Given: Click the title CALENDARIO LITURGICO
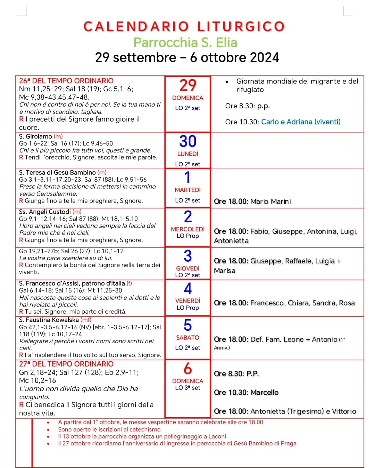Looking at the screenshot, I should click(x=184, y=27).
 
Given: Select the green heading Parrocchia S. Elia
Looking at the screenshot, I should click(x=185, y=42).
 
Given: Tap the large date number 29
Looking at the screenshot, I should click(x=187, y=85).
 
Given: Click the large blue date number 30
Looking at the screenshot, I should click(x=187, y=141).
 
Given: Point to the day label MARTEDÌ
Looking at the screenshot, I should click(x=187, y=190).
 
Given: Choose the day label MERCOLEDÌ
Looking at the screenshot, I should click(x=187, y=229).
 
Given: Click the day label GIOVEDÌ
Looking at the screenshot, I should click(x=187, y=269).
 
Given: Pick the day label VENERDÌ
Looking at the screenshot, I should click(x=187, y=301).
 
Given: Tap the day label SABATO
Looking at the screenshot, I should click(x=187, y=338).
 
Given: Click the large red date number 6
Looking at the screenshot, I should click(x=187, y=369).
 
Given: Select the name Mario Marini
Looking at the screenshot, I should click(x=270, y=202).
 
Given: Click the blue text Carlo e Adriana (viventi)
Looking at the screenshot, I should click(x=301, y=122).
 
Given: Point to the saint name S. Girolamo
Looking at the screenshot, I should click(x=35, y=137).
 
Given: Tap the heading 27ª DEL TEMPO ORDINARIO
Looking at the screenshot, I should click(x=66, y=364).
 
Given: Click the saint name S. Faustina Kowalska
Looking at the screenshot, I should click(x=49, y=320).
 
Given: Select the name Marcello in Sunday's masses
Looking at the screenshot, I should click(x=265, y=393).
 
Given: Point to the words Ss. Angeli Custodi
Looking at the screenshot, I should click(x=45, y=212).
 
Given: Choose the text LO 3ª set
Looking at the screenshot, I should click(x=187, y=388).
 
